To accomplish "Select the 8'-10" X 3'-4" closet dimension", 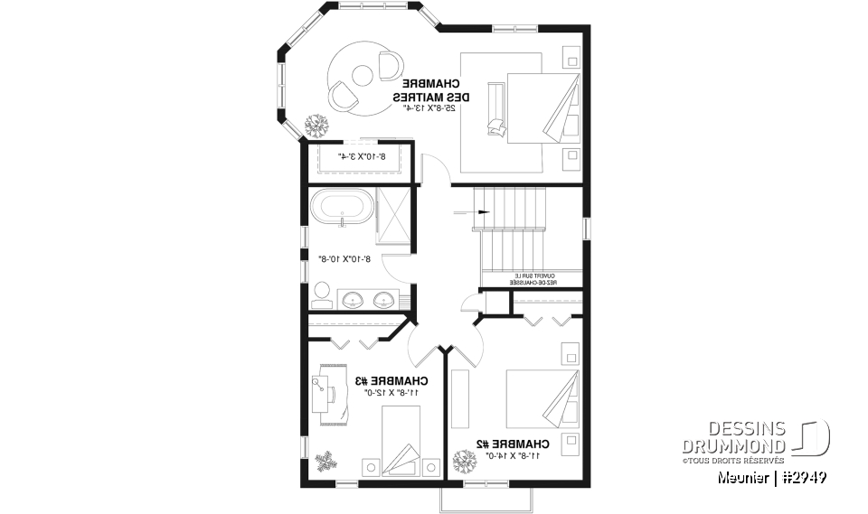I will [x=362, y=156].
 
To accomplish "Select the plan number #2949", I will [x=803, y=477].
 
